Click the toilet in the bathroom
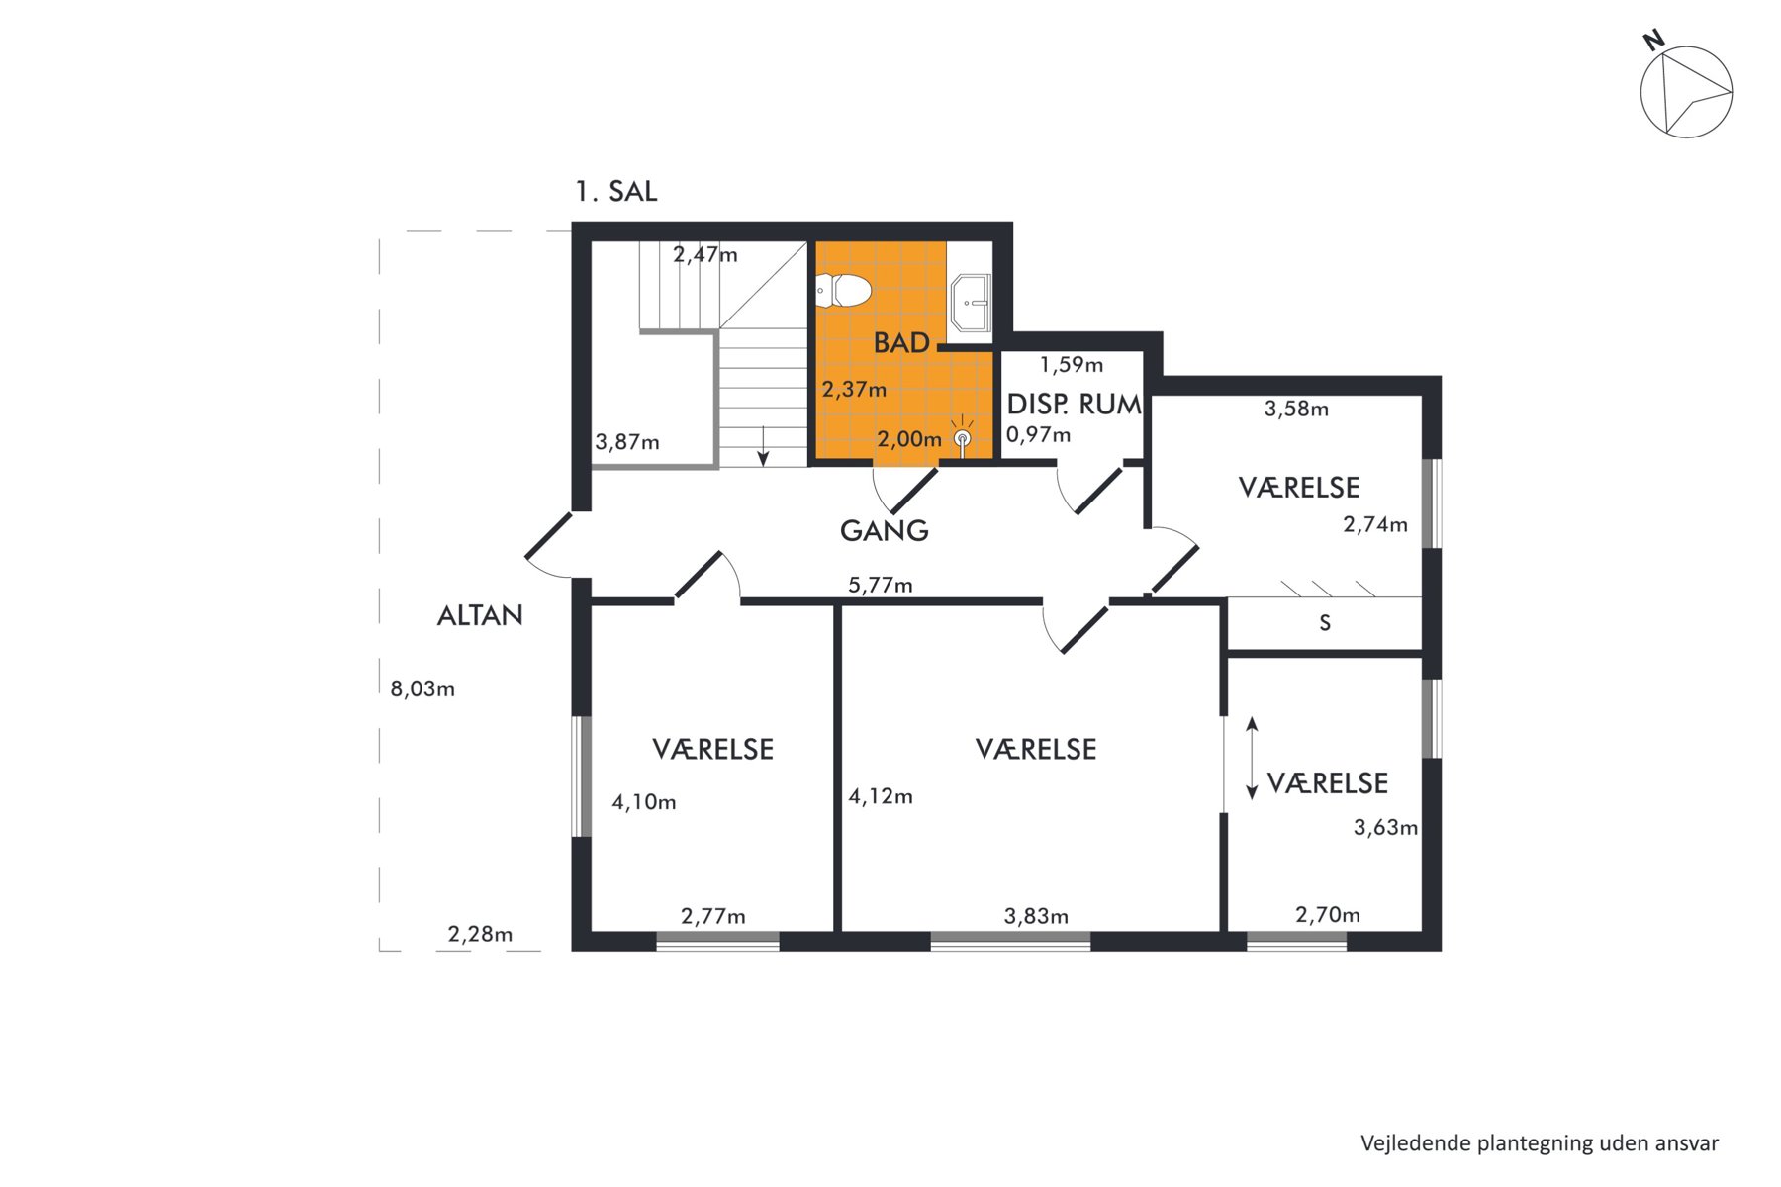(843, 290)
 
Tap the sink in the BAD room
(971, 303)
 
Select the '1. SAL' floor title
(616, 192)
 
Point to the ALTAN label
(480, 615)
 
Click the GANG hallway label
(885, 531)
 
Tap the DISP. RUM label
(1074, 404)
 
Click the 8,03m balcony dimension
(422, 688)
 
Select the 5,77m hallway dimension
(881, 585)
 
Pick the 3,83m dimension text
(1036, 916)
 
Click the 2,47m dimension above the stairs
(705, 254)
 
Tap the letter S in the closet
(1325, 623)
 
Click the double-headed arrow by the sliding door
(1252, 758)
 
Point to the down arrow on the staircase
(763, 446)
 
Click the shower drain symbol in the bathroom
(962, 438)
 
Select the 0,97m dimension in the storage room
(1038, 434)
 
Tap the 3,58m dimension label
(1296, 409)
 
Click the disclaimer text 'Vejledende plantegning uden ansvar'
(1540, 1143)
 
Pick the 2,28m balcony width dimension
(480, 934)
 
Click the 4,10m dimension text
(643, 802)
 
